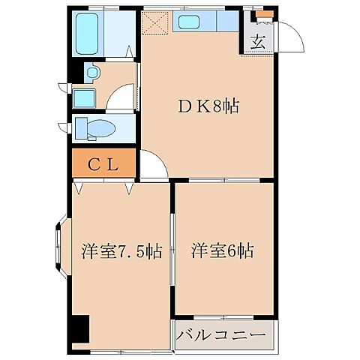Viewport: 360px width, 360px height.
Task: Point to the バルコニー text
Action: click(222, 334)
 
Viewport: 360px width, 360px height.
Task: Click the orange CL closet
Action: click(103, 163)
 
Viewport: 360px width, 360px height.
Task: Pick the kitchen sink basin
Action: click(186, 22)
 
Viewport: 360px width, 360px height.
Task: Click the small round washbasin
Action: click(91, 73)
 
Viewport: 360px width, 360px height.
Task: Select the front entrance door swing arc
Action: click(288, 34)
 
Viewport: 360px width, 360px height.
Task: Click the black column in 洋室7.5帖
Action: click(80, 329)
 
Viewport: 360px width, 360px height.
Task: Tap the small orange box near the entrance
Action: click(262, 14)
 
